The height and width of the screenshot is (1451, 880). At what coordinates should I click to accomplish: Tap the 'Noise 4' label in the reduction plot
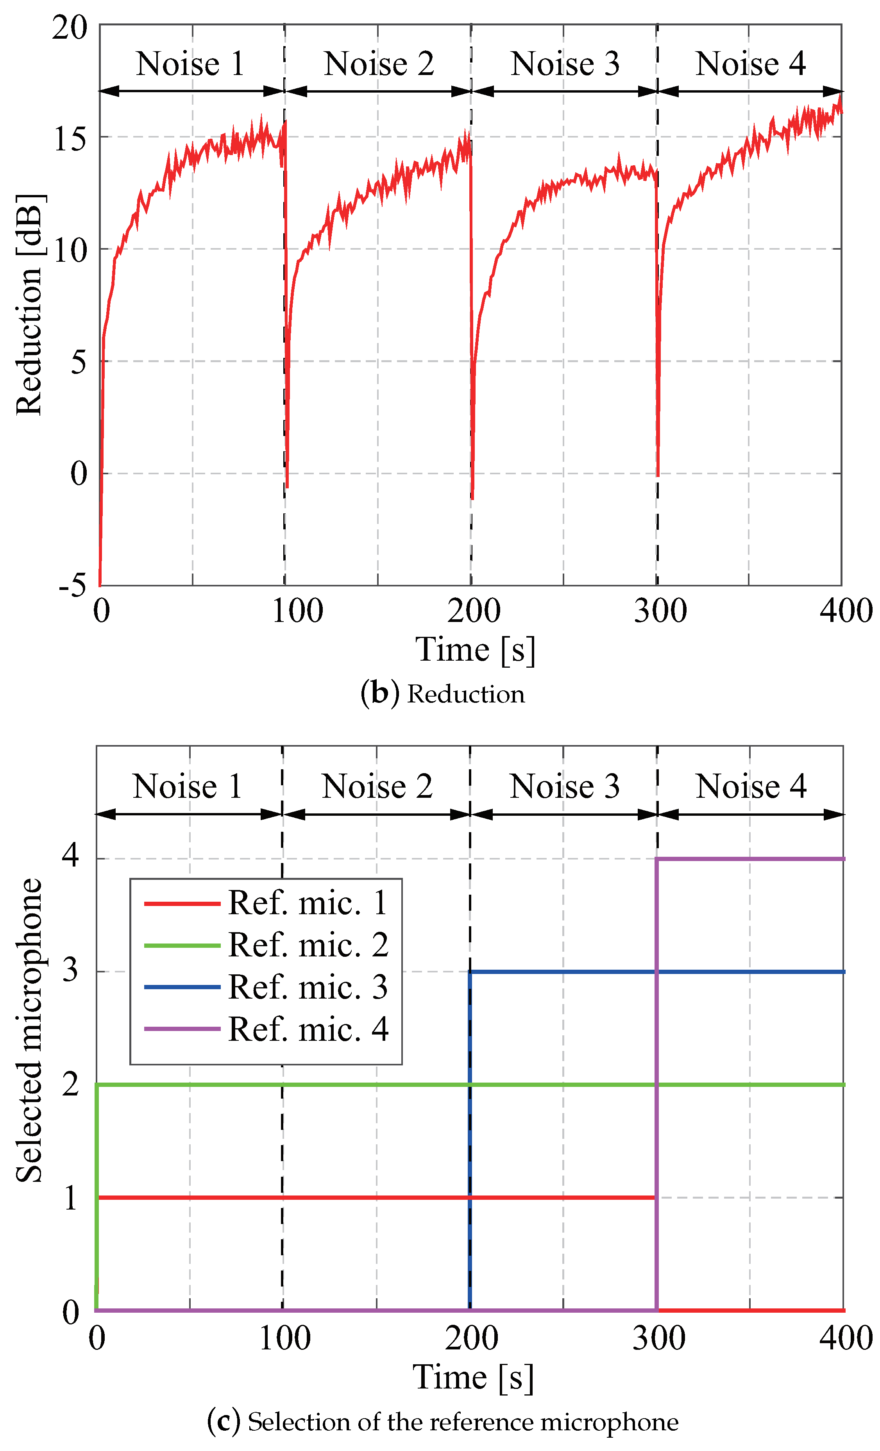point(750,64)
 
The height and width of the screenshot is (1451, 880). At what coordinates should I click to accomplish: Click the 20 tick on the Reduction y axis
point(70,27)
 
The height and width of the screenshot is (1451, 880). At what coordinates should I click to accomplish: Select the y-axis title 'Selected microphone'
point(29,1031)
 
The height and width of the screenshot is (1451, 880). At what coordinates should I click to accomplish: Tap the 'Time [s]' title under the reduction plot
point(475,650)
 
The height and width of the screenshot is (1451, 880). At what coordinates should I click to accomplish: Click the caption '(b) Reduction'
point(442,694)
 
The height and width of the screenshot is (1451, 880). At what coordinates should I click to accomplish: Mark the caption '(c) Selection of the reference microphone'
point(442,1422)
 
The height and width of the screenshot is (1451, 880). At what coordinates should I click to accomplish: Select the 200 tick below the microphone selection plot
point(471,1338)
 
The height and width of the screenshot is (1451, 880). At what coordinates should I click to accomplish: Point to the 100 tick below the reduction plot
point(297,611)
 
